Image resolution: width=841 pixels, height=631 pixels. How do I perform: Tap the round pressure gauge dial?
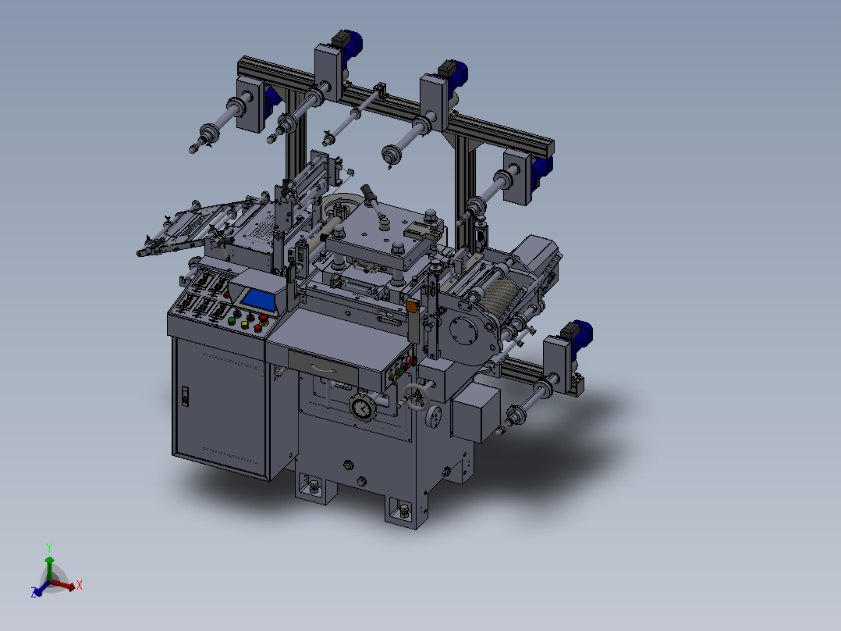point(361,408)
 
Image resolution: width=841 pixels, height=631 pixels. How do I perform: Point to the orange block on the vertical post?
point(411,308)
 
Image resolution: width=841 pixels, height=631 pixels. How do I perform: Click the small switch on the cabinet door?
point(185,396)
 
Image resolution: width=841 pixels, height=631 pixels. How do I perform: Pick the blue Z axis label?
point(35,594)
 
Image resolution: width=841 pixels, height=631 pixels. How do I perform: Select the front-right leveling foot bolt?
point(403,512)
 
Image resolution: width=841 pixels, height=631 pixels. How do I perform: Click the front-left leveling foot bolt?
point(314,488)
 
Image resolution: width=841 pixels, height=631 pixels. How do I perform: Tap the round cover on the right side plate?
point(463,332)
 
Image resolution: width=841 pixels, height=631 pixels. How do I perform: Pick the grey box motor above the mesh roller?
point(535,254)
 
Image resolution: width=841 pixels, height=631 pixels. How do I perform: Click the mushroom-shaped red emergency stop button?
point(262,319)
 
